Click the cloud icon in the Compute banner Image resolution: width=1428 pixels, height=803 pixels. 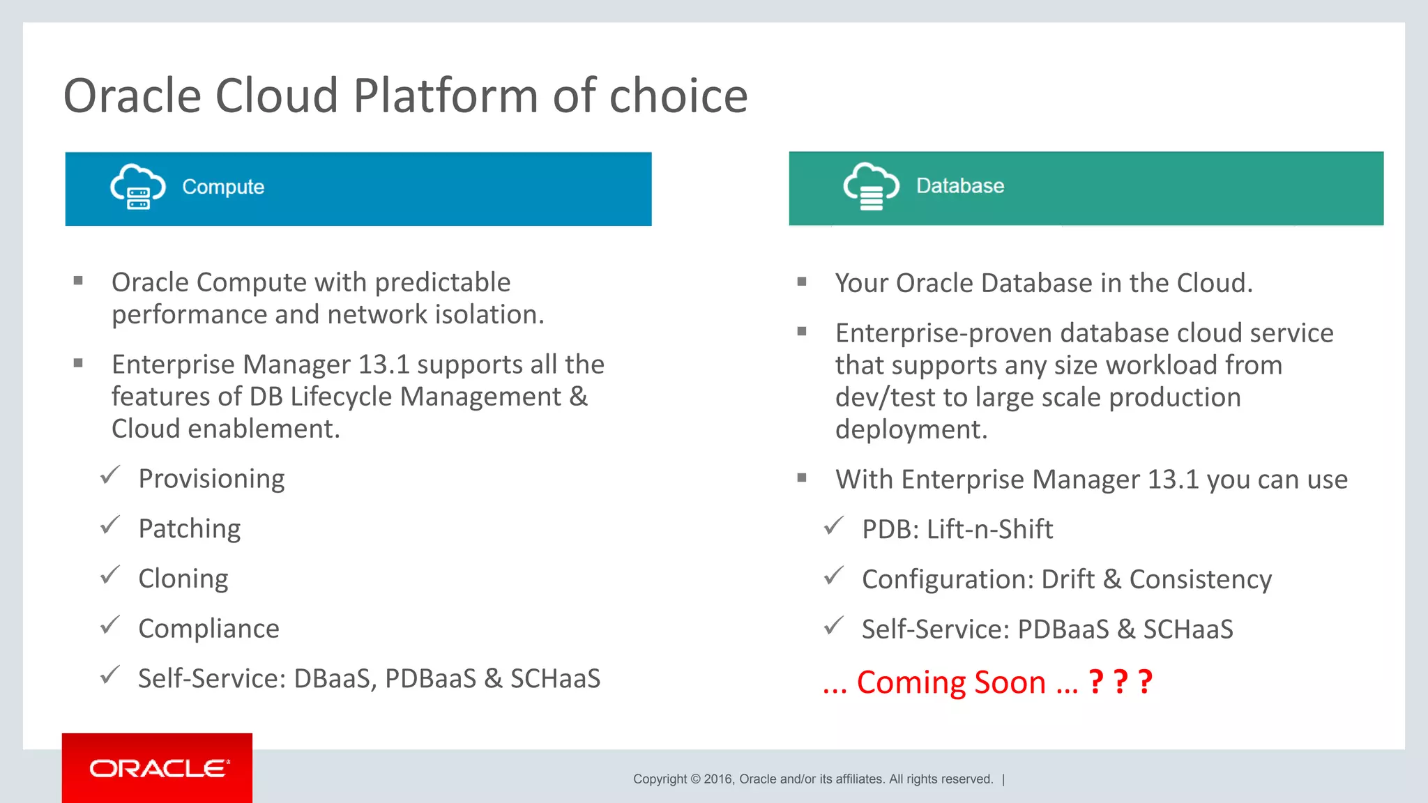(138, 187)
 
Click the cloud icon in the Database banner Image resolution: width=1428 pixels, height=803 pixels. (871, 186)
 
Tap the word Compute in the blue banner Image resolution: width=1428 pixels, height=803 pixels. (223, 187)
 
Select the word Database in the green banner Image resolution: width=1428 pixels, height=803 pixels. (959, 186)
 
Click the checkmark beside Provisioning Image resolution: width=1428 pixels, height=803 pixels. (110, 476)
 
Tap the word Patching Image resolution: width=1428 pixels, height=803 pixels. (190, 528)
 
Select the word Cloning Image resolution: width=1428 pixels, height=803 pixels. (183, 579)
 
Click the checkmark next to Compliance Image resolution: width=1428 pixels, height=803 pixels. (110, 625)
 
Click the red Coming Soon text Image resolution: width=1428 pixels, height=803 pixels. (951, 682)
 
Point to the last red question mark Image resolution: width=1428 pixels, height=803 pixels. (1144, 682)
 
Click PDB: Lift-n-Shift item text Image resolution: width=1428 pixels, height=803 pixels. (957, 529)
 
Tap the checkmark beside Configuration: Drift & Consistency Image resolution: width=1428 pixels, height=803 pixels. (834, 576)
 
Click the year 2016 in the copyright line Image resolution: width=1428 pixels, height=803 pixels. (717, 779)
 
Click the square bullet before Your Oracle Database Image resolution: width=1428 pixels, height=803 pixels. (802, 282)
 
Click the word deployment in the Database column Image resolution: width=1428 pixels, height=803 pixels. (911, 429)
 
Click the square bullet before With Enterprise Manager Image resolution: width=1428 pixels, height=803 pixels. (802, 478)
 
